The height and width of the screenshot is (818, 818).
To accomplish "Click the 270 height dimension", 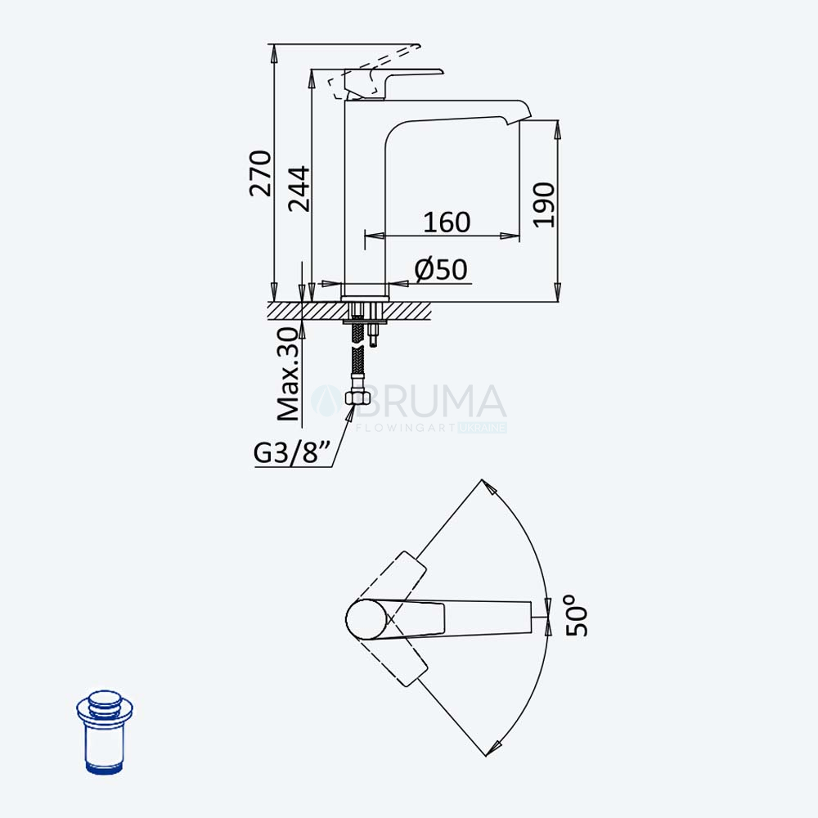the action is point(260,173).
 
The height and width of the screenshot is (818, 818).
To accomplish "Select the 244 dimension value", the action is point(299,189).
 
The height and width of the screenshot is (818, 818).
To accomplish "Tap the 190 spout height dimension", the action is point(544,204).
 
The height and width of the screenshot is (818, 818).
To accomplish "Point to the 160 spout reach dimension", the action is point(447,222).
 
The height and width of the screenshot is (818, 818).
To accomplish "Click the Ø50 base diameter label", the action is point(441,270).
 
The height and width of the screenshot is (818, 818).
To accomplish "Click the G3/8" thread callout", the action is point(292,452).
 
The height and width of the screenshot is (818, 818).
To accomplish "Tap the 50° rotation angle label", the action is point(577,616).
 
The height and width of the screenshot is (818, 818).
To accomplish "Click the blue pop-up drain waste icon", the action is point(105,732).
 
